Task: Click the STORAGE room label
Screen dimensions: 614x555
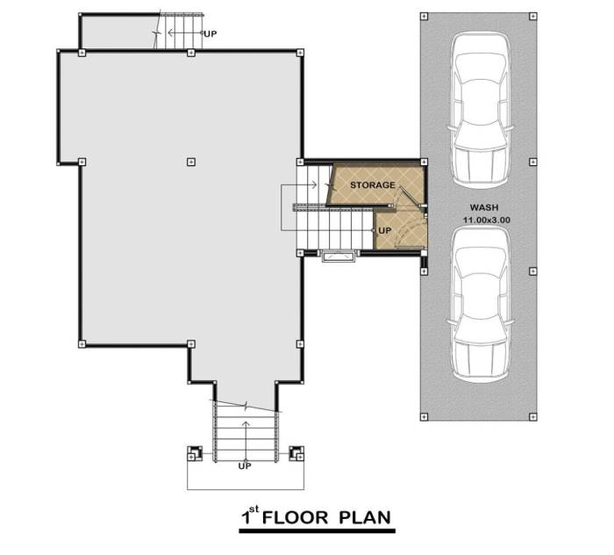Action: coord(373,185)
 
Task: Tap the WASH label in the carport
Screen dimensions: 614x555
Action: coord(484,208)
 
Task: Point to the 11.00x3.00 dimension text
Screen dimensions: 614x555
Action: coord(487,220)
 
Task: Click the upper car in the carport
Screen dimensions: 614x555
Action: coord(481,110)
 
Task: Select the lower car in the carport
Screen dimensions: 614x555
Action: coord(481,304)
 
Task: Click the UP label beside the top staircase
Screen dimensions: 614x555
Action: coord(211,34)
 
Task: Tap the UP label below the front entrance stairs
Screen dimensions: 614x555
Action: coord(245,466)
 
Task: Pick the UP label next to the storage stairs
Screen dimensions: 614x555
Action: coord(384,231)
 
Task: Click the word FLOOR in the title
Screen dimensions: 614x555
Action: coord(295,518)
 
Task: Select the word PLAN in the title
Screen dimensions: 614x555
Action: coord(365,518)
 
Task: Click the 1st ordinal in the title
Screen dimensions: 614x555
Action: coord(250,515)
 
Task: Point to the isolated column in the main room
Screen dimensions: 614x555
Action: coord(191,162)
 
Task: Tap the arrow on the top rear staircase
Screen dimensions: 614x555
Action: coord(185,32)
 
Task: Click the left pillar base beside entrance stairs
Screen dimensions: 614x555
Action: coord(195,453)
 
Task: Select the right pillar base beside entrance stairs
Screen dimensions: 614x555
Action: coord(296,453)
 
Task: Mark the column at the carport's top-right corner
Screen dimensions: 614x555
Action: coord(533,16)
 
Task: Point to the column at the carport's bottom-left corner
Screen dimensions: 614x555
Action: coord(424,417)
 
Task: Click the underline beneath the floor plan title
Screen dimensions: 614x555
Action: coord(318,531)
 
